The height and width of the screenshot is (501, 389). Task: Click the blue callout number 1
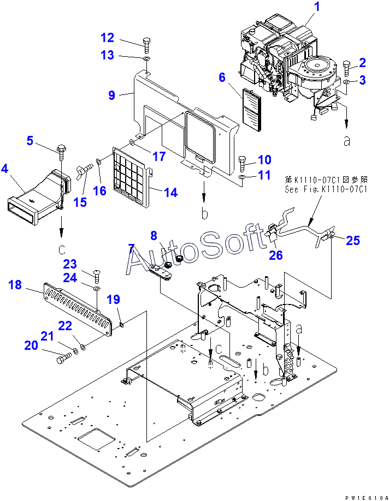[317, 7]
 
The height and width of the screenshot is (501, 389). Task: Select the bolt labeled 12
[147, 45]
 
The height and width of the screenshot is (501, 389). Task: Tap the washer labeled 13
[146, 58]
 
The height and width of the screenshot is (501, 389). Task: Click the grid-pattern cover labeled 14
[132, 175]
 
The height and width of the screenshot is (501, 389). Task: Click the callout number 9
[111, 95]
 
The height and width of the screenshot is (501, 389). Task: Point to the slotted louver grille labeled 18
[78, 309]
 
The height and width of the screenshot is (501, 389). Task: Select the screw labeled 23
[97, 276]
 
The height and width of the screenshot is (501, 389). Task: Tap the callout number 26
[276, 255]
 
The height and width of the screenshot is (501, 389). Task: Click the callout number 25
[352, 240]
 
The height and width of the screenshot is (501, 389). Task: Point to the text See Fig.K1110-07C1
[326, 189]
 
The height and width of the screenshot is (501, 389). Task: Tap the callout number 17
[159, 156]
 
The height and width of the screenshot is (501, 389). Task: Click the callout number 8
[154, 235]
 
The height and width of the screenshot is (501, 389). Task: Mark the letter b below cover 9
[204, 213]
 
